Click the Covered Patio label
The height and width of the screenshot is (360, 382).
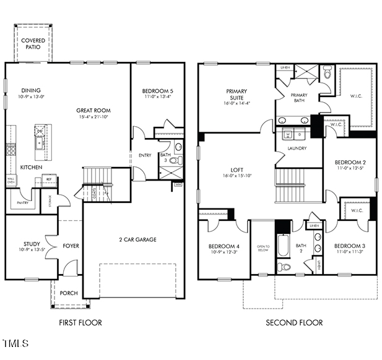click(x=33, y=44)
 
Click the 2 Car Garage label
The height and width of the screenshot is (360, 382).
click(x=137, y=239)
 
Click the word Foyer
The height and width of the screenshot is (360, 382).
click(x=71, y=246)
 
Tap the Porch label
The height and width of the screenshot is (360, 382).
click(x=69, y=293)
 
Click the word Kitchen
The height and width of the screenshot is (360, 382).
click(x=31, y=167)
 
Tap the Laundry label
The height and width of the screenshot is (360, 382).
click(x=297, y=148)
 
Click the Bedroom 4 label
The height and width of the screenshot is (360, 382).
click(x=224, y=246)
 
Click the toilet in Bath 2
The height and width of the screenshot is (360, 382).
click(x=284, y=267)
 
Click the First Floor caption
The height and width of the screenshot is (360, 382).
click(x=80, y=322)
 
